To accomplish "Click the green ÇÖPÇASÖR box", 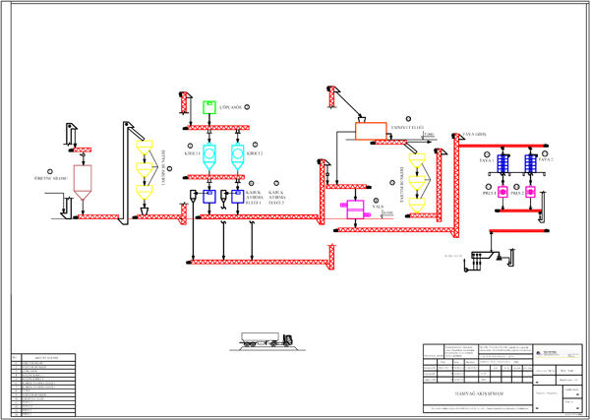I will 208,106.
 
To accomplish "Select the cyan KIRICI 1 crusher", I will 208,155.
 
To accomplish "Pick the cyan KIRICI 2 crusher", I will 237,155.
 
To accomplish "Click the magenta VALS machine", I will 351,210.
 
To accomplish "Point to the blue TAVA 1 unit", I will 501,164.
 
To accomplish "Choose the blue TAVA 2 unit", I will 530,164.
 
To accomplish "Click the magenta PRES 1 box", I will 501,193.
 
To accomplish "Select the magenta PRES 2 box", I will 530,193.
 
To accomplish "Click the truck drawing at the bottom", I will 268,340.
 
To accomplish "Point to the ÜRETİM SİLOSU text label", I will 48,179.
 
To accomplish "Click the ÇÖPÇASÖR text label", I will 232,106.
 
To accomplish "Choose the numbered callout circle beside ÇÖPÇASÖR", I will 248,106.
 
